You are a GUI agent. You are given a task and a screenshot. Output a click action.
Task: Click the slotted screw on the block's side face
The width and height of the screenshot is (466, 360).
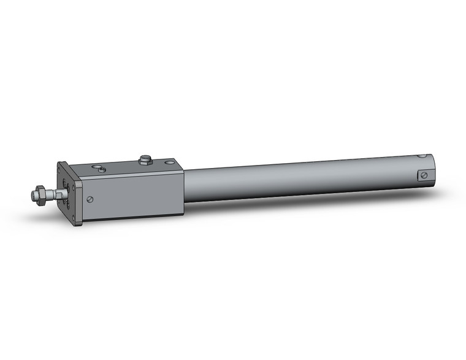pos(91,198)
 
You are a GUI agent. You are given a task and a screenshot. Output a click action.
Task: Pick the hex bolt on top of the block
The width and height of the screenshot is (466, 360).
pos(145,161)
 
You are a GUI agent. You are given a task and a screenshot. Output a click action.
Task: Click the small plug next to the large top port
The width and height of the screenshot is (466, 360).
pos(103,169)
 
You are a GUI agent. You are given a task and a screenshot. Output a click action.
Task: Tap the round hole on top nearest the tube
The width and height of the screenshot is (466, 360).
pos(169,163)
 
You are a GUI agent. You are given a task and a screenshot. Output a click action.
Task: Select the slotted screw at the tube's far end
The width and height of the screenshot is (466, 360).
pos(423,176)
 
